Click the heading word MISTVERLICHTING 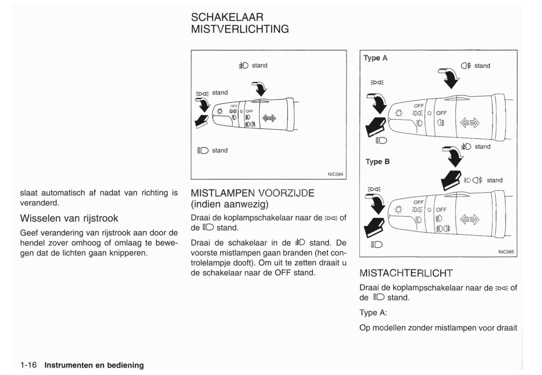click(240, 29)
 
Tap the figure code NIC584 click(335, 174)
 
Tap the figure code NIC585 click(506, 252)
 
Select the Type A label click(375, 58)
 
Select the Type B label click(377, 162)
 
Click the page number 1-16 click(29, 365)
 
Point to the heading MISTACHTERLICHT click(406, 273)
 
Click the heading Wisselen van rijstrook click(69, 218)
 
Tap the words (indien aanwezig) click(230, 204)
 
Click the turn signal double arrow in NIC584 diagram click(269, 118)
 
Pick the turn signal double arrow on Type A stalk click(470, 123)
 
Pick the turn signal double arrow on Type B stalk click(470, 219)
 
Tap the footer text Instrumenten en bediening click(94, 365)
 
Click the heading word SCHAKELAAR click(227, 17)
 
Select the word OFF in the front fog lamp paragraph click(283, 273)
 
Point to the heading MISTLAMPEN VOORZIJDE click(252, 193)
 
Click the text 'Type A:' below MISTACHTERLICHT click(373, 313)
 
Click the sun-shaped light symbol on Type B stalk click(398, 209)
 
